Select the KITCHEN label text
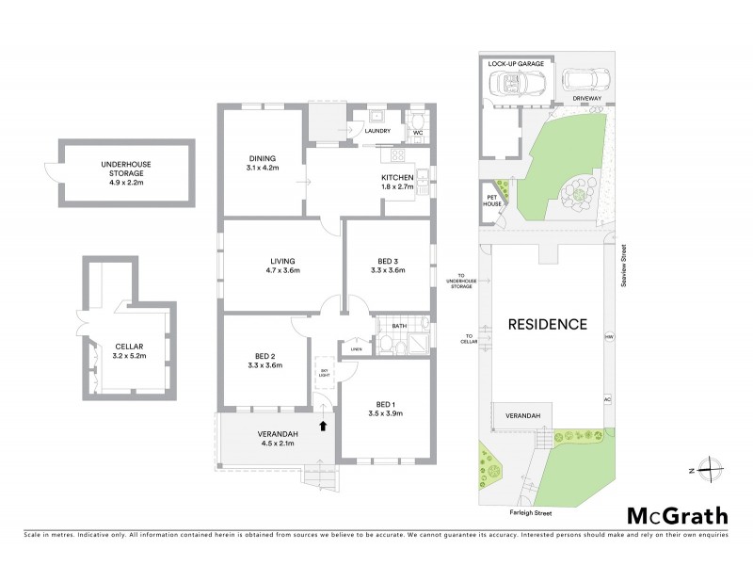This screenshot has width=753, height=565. (x=396, y=177)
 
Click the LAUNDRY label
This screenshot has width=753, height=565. (x=377, y=132)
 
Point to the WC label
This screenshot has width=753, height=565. (x=418, y=132)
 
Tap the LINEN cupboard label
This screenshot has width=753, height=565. (x=355, y=349)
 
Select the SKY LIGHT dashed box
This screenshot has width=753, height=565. (x=323, y=372)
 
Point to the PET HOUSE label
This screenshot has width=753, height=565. (x=491, y=200)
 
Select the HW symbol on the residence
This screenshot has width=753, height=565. (x=609, y=336)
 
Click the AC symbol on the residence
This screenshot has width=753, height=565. (x=607, y=400)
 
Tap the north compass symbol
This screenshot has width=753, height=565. (x=713, y=469)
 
